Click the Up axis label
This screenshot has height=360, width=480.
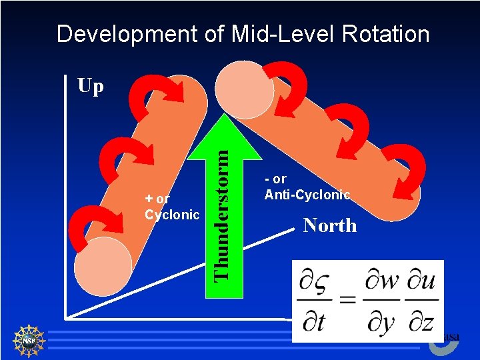point(91,86)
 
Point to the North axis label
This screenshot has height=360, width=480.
point(330,225)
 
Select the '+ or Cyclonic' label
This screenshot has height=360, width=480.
point(172,207)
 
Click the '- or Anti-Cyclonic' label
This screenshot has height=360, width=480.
point(307,187)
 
